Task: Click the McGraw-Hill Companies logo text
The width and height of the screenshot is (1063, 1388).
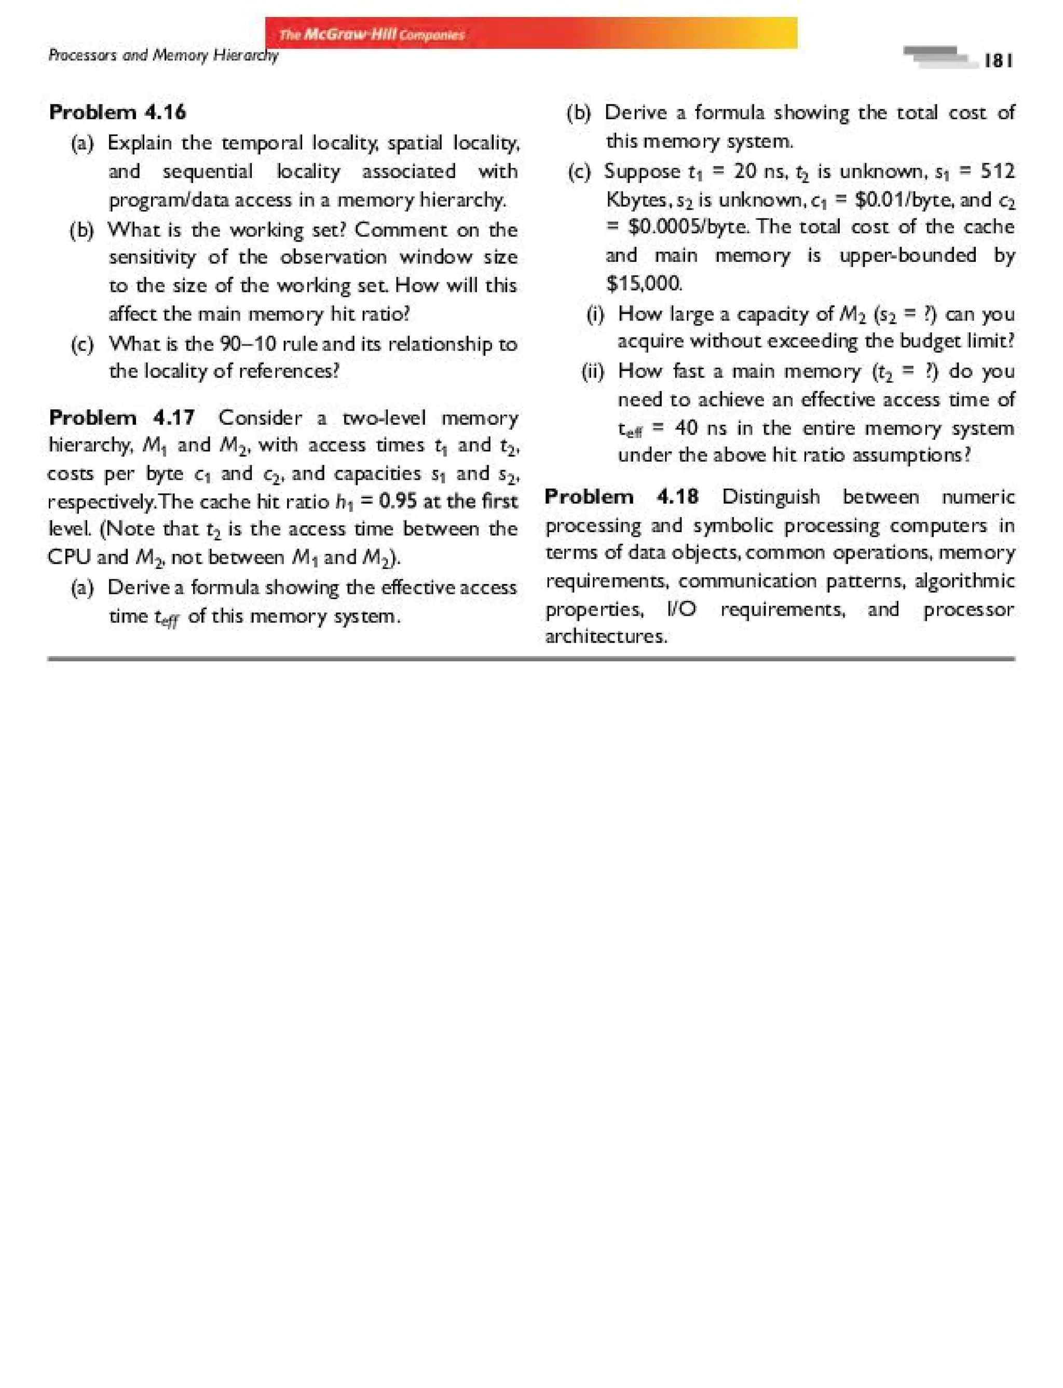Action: [372, 34]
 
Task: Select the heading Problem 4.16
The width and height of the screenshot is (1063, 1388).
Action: [118, 112]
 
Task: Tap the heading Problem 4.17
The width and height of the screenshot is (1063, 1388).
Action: [121, 418]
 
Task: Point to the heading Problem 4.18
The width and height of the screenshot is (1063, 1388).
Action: [621, 496]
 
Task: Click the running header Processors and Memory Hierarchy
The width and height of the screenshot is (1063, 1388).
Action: [163, 55]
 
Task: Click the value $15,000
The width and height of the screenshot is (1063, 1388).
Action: [644, 283]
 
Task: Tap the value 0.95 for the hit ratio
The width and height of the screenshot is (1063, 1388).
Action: [398, 501]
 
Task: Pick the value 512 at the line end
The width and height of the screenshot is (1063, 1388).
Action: [997, 171]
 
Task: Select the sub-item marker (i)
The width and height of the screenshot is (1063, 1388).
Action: [595, 314]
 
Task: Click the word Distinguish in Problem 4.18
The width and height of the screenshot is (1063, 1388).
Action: [771, 496]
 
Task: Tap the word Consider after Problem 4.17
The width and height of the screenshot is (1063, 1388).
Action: [260, 418]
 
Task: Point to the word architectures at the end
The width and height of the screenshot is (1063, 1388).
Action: [606, 636]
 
